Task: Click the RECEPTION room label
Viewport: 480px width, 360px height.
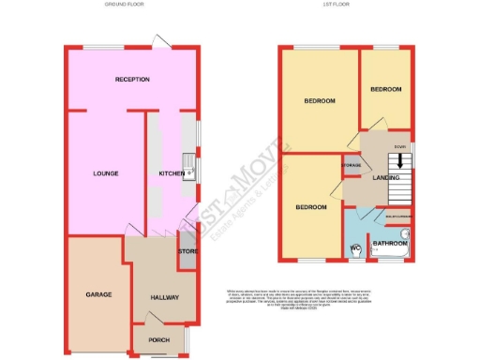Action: click(x=132, y=80)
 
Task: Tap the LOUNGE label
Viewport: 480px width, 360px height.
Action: click(x=104, y=173)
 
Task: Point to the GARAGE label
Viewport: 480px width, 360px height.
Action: click(x=98, y=294)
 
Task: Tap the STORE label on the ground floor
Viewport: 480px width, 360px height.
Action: click(x=187, y=251)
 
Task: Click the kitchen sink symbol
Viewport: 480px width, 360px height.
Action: click(x=188, y=170)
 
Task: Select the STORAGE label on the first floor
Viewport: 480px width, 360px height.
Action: click(x=352, y=166)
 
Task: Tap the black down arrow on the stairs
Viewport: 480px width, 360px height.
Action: click(x=401, y=160)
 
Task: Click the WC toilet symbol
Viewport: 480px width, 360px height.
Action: click(x=355, y=248)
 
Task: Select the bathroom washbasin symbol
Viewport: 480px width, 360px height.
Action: click(x=406, y=233)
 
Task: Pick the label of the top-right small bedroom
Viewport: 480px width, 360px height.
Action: click(x=385, y=89)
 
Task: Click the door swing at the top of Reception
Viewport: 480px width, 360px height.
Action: click(x=163, y=41)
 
